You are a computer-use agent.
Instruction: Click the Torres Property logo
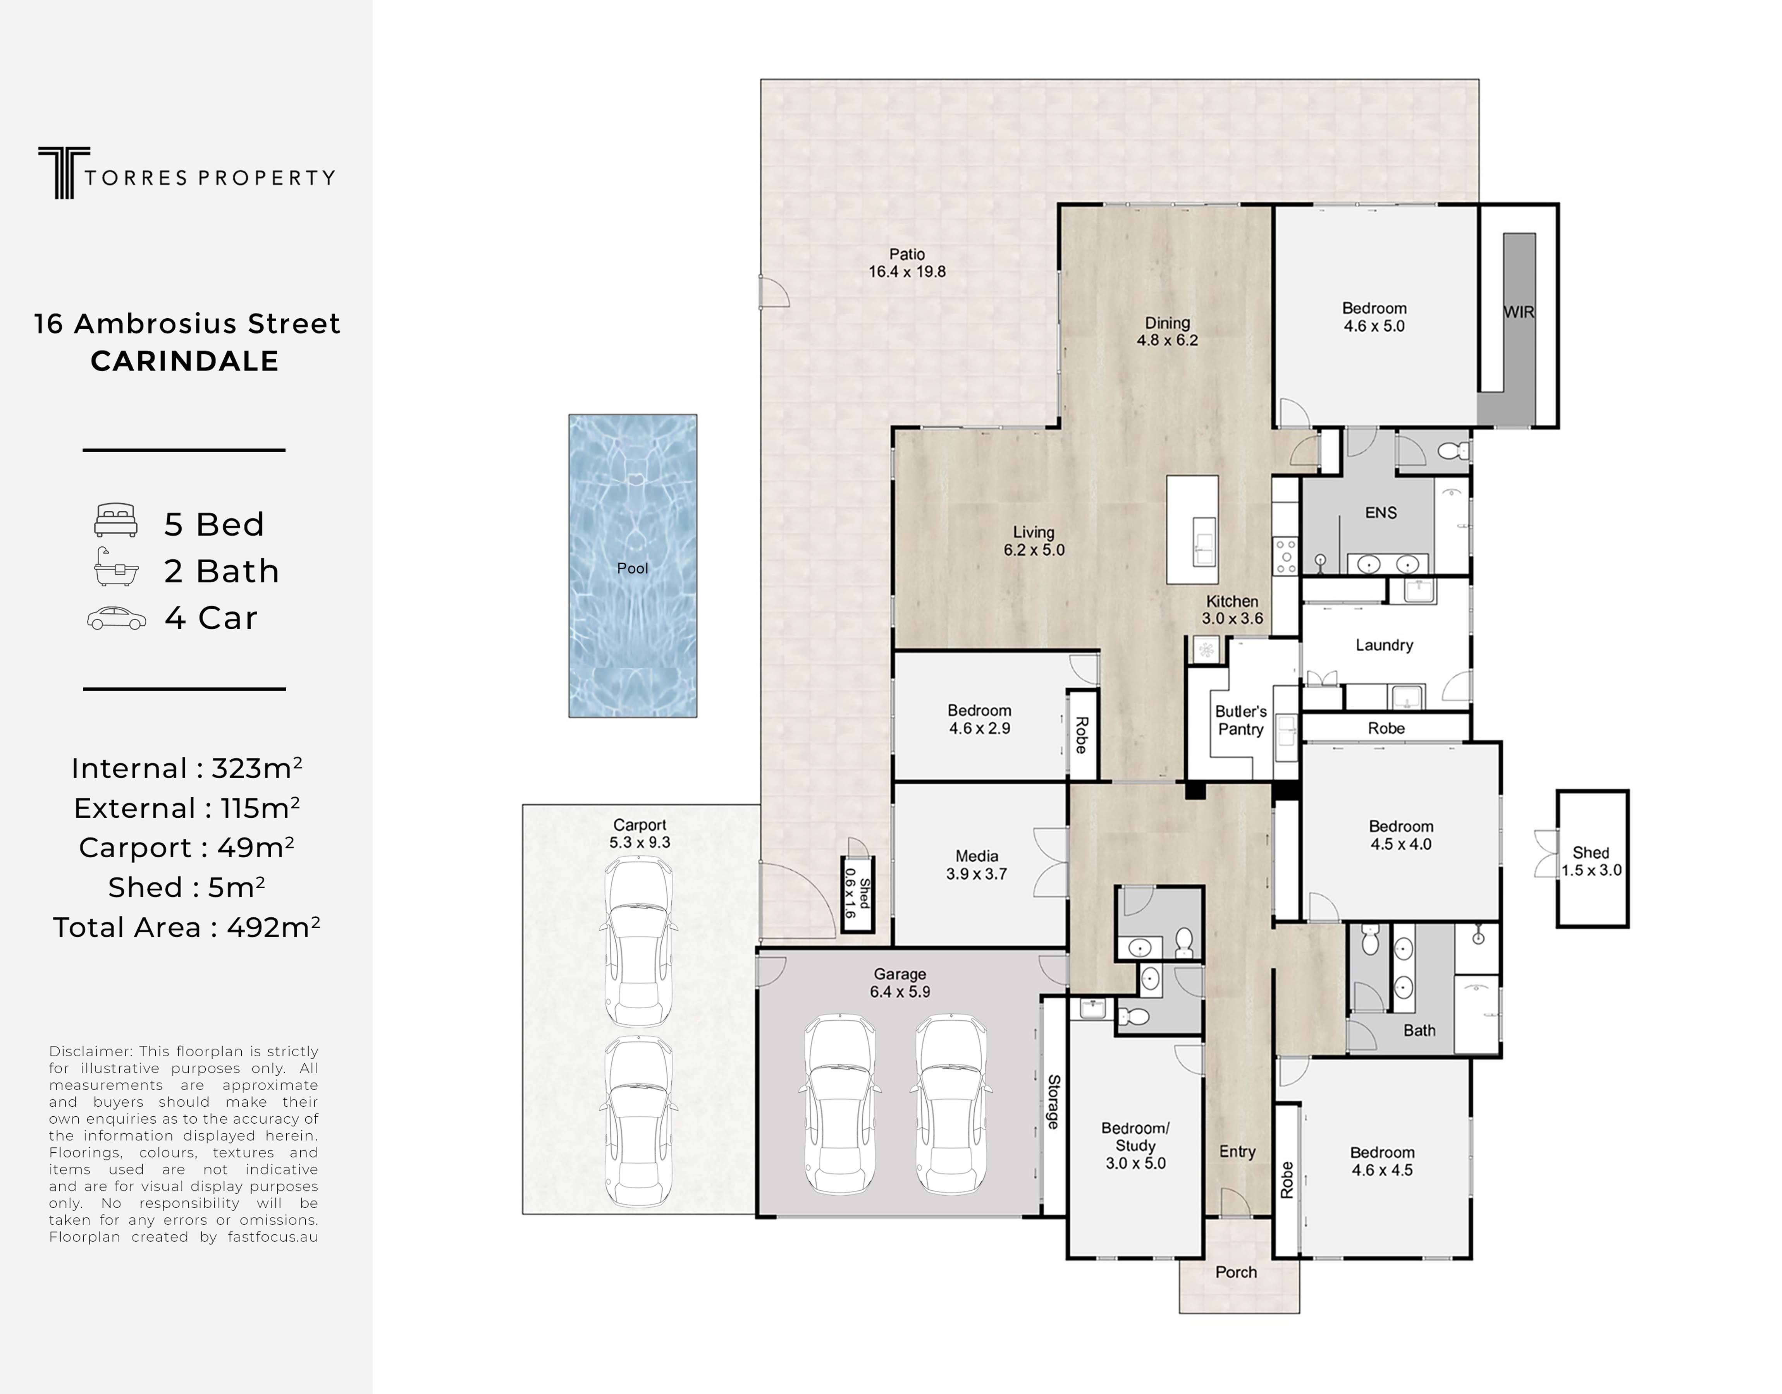point(186,173)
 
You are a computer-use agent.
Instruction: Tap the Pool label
point(633,568)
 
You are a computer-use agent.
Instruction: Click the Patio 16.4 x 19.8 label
point(907,263)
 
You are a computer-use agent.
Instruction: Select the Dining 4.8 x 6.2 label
point(1167,331)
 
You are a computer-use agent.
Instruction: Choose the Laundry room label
point(1385,645)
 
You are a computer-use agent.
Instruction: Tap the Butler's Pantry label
point(1241,720)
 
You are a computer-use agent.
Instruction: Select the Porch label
point(1236,1272)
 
